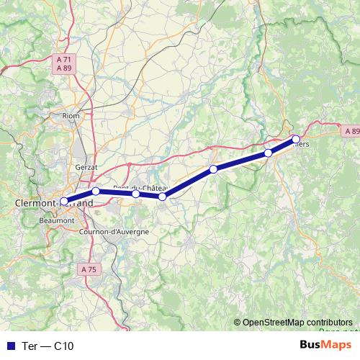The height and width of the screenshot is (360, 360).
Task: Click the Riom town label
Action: [x=71, y=115]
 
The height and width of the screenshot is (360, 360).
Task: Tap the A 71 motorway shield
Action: [x=63, y=58]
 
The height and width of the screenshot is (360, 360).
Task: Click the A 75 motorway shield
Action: [x=88, y=269]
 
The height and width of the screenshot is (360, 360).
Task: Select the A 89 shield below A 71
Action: [x=63, y=67]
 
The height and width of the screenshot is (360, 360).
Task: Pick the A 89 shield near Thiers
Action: [x=351, y=131]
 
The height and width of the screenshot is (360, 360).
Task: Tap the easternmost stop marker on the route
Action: [x=295, y=138]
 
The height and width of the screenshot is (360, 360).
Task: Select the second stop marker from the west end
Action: [x=96, y=191]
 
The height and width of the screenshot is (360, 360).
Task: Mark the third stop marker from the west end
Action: [x=136, y=194]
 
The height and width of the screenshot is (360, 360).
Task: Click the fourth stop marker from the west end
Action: [x=163, y=196]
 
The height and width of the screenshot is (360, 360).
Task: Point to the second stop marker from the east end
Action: [x=268, y=153]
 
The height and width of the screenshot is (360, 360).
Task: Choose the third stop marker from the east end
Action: [x=213, y=169]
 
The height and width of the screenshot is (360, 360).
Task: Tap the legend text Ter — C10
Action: [x=48, y=346]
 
